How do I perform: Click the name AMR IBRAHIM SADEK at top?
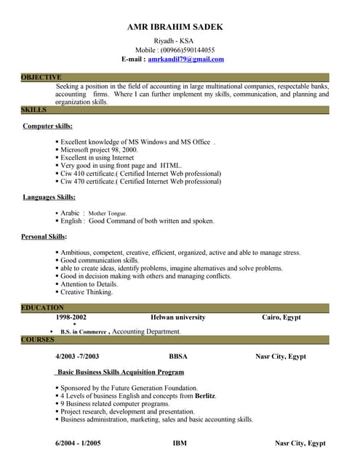pos(175,27)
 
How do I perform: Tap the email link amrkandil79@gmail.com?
pos(185,59)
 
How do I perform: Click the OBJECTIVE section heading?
pos(41,77)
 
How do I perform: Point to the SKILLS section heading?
pos(34,110)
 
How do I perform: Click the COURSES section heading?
pos(38,339)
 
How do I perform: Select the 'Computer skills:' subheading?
pos(48,126)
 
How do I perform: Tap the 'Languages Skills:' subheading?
pos(49,197)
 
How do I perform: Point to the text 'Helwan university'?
pos(178,318)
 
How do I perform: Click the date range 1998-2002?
pos(71,318)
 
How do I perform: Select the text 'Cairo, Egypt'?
pos(281,318)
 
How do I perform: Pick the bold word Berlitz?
pos(205,396)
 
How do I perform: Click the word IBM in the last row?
pos(180,442)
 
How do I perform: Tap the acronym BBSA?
pos(179,357)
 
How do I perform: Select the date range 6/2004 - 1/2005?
pos(78,442)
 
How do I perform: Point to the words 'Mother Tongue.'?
pos(108,214)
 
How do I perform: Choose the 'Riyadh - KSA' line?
pos(175,40)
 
